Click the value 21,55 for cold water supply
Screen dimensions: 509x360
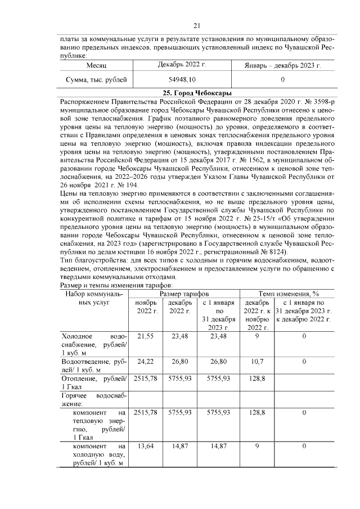[146, 336]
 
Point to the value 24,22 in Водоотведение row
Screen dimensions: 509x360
[146, 362]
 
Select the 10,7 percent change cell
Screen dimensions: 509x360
[256, 362]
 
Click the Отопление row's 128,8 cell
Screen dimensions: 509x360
[256, 379]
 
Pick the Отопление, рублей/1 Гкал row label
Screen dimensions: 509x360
[94, 382]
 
